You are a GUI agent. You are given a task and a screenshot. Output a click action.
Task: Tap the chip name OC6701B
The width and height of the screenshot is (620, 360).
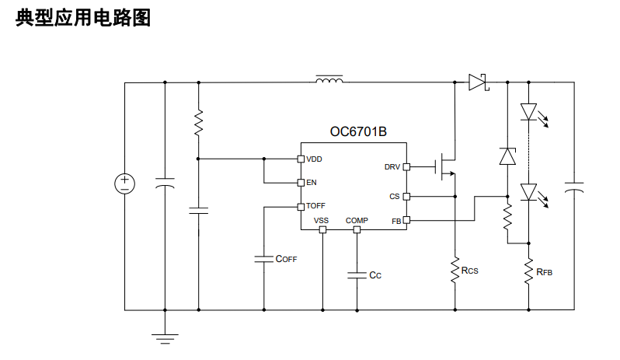coord(358,132)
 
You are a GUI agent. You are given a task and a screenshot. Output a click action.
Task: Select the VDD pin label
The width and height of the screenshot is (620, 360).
coord(315,159)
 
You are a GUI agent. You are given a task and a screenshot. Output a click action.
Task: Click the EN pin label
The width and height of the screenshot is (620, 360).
coord(312,183)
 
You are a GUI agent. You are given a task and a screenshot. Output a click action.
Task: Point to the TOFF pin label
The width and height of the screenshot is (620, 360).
coord(315,206)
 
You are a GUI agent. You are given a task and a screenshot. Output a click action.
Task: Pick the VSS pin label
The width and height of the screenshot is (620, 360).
coord(322,221)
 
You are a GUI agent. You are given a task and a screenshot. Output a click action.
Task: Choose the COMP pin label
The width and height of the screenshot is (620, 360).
coord(357,221)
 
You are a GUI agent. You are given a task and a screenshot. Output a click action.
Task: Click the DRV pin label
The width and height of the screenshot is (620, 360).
coord(392,166)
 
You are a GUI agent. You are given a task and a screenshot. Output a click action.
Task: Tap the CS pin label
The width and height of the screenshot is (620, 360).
coord(395,197)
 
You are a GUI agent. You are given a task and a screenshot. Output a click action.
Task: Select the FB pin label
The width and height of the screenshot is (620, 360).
coord(395,221)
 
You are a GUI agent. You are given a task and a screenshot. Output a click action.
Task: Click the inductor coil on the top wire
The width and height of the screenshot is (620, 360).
coord(329,79)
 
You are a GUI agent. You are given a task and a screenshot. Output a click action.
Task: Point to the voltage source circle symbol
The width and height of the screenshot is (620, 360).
coord(124,183)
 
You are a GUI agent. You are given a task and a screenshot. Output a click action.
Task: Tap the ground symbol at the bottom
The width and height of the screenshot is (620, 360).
coord(165,337)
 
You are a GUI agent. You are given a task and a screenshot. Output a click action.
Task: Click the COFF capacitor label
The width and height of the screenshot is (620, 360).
coord(287,259)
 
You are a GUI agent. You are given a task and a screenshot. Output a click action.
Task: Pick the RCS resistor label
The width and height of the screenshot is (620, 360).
coord(469,271)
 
